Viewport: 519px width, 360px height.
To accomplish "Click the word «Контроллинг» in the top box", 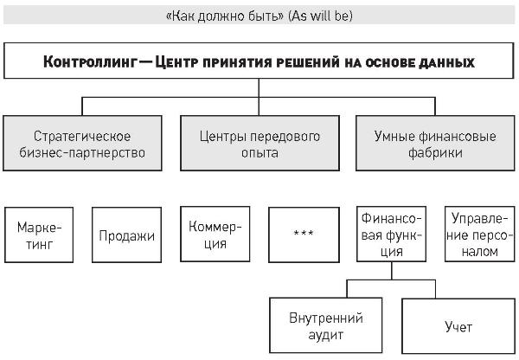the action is pyautogui.click(x=90, y=62).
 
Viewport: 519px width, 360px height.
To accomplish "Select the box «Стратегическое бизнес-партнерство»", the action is pyautogui.click(x=82, y=143).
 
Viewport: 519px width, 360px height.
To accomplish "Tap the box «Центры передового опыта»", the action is pyautogui.click(x=259, y=143).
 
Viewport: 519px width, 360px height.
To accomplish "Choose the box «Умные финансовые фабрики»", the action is pyautogui.click(x=435, y=143).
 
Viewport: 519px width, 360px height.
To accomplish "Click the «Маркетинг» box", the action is pyautogui.click(x=39, y=235).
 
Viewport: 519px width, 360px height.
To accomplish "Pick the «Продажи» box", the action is pyautogui.click(x=127, y=235).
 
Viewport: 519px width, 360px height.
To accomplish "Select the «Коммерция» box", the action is pyautogui.click(x=215, y=235).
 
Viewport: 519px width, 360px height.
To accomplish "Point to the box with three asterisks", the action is pyautogui.click(x=304, y=235).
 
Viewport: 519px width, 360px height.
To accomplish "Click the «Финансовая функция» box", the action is pyautogui.click(x=391, y=235).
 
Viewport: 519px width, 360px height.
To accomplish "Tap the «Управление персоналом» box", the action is pyautogui.click(x=480, y=235).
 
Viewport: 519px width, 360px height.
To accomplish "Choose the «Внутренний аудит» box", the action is pyautogui.click(x=326, y=325).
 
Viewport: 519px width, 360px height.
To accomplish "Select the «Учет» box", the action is pyautogui.click(x=458, y=326).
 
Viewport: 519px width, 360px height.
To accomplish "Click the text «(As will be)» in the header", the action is pyautogui.click(x=320, y=16).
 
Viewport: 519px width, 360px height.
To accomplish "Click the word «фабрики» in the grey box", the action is pyautogui.click(x=435, y=152).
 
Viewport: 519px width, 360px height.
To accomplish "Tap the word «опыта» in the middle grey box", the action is pyautogui.click(x=259, y=153).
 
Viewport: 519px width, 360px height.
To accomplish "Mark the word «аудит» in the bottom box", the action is pyautogui.click(x=326, y=335).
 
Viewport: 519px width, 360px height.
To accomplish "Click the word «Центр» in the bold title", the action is pyautogui.click(x=176, y=62).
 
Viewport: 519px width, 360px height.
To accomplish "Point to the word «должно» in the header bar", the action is pyautogui.click(x=219, y=16).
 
